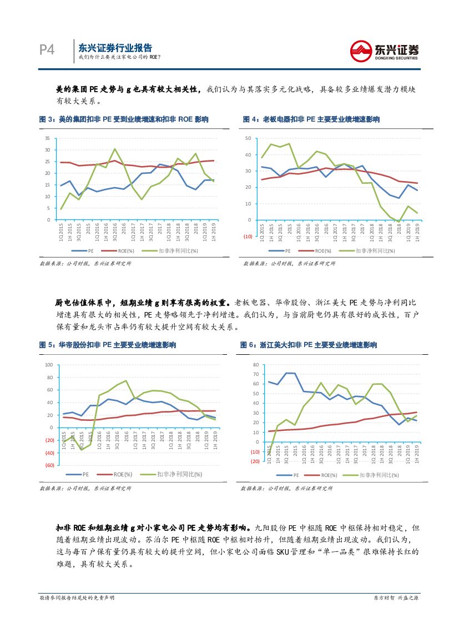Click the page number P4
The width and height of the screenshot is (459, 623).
click(x=47, y=50)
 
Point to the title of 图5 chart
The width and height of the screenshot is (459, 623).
click(x=108, y=345)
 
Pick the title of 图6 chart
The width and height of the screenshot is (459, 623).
click(x=309, y=345)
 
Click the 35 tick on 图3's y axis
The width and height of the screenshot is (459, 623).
click(x=47, y=138)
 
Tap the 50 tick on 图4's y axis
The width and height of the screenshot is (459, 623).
click(x=248, y=138)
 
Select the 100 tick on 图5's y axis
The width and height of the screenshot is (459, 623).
click(x=48, y=365)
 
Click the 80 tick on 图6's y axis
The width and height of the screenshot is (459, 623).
click(x=255, y=365)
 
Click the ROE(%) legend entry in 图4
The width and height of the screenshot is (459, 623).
click(x=318, y=251)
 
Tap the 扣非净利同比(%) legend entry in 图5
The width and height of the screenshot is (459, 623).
click(x=174, y=474)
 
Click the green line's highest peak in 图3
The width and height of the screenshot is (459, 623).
click(x=114, y=149)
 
